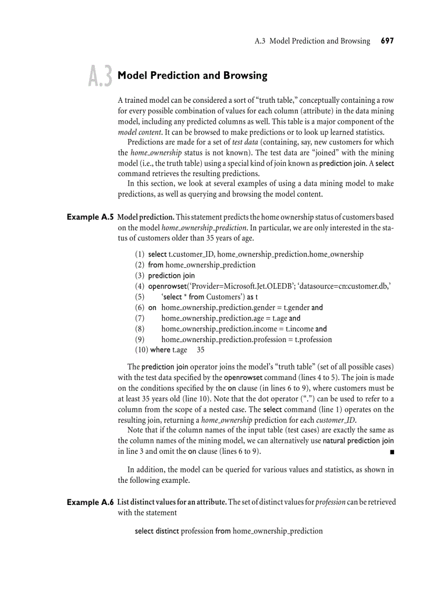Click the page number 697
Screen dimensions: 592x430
click(387, 41)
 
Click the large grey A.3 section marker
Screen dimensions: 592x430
click(100, 76)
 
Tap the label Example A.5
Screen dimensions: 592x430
click(90, 217)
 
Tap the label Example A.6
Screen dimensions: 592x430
click(90, 502)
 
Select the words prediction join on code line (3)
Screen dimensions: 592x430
click(171, 275)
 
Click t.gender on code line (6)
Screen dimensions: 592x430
click(296, 307)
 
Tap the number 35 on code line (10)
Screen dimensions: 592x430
click(200, 350)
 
